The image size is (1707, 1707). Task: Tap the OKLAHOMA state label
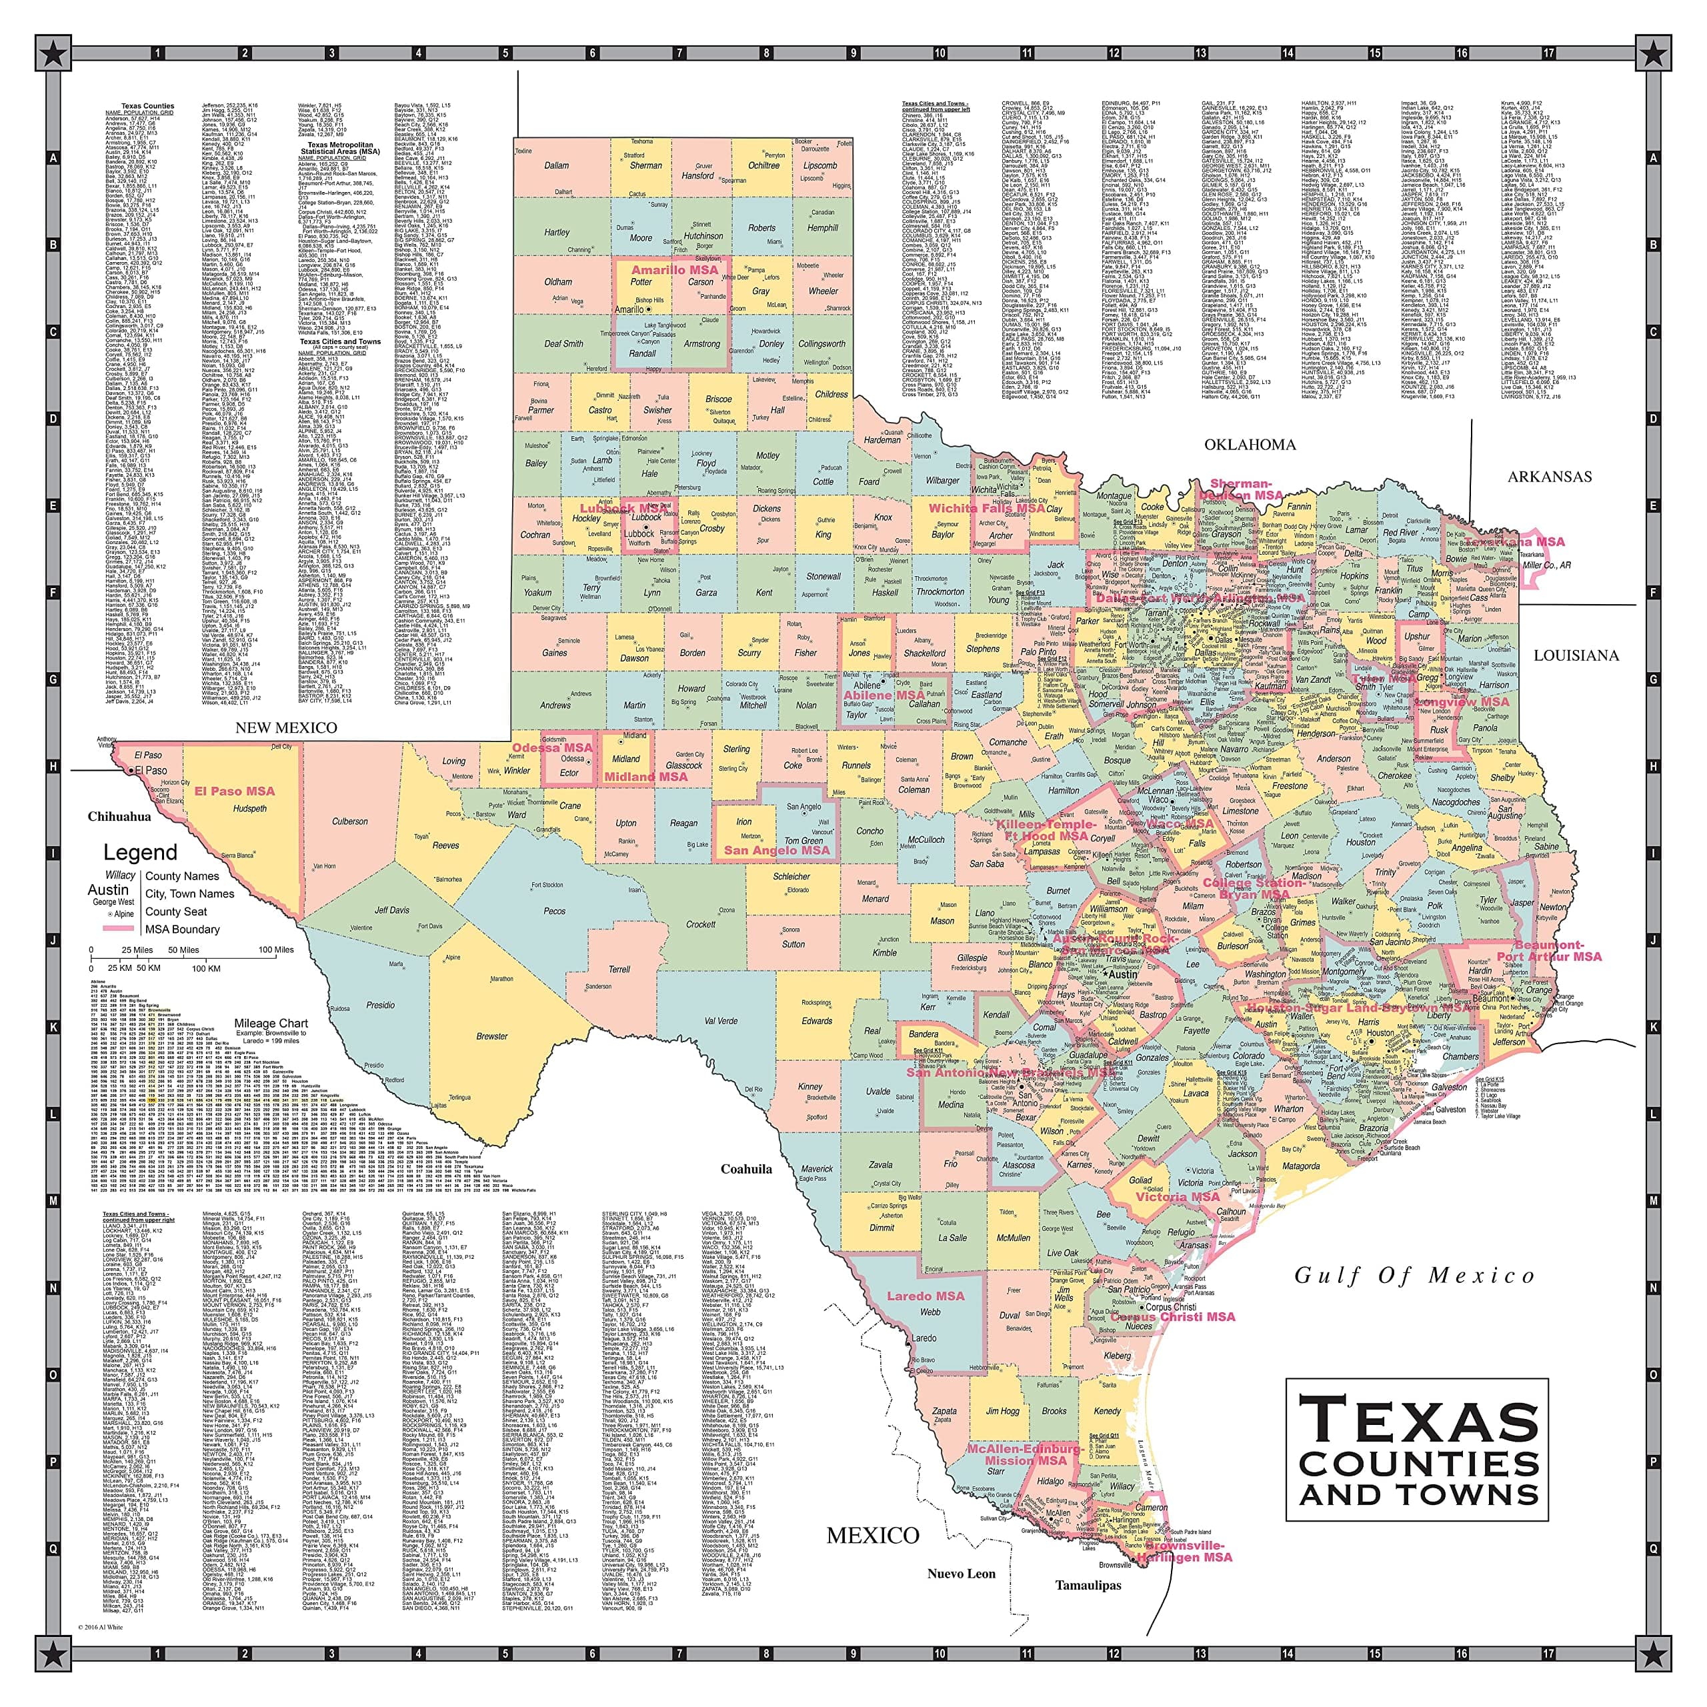tap(1250, 445)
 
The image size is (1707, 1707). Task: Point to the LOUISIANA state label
tap(1576, 655)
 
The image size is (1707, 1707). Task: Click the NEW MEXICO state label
tap(285, 727)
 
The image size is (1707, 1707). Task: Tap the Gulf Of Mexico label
tap(1414, 1276)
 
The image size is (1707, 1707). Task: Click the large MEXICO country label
tap(872, 1536)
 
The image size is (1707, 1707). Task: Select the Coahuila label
tap(745, 1169)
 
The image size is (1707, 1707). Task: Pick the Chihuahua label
tap(119, 816)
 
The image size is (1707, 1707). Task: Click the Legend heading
tap(141, 853)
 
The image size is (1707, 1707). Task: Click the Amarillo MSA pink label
tap(673, 269)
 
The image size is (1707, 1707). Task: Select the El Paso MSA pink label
tap(234, 791)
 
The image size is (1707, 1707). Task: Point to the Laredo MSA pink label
tap(925, 1296)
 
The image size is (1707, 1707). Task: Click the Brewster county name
tap(492, 1036)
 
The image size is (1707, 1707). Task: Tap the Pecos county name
tap(554, 911)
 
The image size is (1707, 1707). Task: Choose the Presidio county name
tap(380, 1005)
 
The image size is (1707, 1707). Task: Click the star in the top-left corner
tap(53, 53)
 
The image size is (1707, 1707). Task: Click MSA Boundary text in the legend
tap(182, 930)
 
